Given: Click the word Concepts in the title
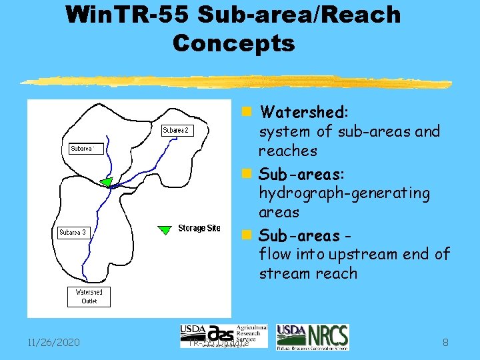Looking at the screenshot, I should tap(233, 43).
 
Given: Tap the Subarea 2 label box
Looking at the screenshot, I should tap(177, 131).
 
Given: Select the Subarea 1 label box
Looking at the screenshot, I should tap(86, 149).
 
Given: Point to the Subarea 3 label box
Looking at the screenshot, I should tap(73, 233).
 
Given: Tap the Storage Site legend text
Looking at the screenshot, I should tap(199, 229).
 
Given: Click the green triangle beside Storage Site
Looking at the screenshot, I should tap(164, 230).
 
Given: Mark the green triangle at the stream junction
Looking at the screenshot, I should tap(105, 182).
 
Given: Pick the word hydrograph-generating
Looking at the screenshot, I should tap(344, 193).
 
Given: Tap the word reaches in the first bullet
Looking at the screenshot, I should tap(287, 151).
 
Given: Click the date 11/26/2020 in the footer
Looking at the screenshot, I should tap(55, 343).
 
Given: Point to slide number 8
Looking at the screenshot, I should tap(444, 343).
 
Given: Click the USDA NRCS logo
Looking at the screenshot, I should tap(312, 337).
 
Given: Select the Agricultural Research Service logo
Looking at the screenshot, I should tap(223, 336).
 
